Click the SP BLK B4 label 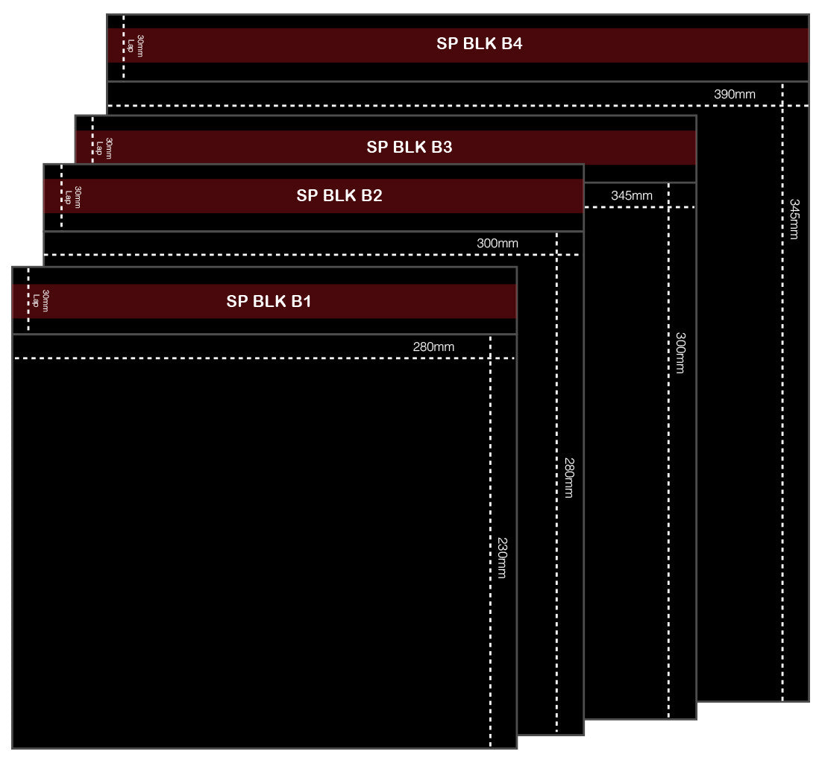coord(479,43)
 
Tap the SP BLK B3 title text coord(409,147)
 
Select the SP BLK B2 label coord(339,196)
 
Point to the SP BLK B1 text coord(269,302)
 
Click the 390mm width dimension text coord(734,94)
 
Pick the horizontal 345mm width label coord(631,196)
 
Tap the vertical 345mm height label coord(794,219)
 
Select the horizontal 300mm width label coord(497,243)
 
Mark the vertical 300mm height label coord(680,352)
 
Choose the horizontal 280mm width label coord(433,346)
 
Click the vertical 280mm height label coord(568,478)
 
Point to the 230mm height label coord(502,557)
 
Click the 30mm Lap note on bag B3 coord(104,148)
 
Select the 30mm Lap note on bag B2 coord(72,197)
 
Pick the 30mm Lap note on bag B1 coord(40,300)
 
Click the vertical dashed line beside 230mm coord(490,633)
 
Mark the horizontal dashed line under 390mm coord(448,106)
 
